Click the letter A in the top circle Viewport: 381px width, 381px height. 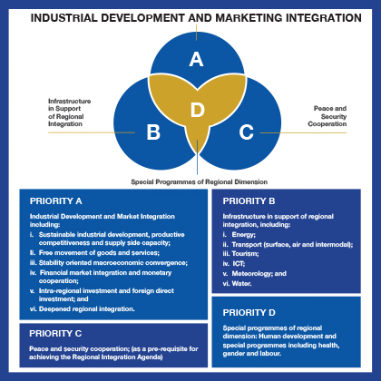[196, 59]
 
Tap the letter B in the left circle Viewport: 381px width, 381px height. [153, 132]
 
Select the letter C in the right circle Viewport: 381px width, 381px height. [247, 132]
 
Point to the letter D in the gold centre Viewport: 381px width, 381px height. [198, 110]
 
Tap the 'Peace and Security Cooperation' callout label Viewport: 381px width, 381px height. [327, 116]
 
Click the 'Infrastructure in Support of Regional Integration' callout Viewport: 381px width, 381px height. [70, 112]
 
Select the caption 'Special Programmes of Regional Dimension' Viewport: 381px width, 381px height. [200, 182]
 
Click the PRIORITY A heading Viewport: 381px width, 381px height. [56, 201]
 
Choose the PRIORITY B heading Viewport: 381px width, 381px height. [249, 201]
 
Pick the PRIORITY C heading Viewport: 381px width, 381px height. [55, 334]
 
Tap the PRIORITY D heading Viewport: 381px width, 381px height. [249, 313]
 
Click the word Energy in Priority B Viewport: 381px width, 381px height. [243, 235]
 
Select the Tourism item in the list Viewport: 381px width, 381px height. [245, 254]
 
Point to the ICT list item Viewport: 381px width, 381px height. [239, 264]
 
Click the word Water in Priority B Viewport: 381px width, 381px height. [241, 284]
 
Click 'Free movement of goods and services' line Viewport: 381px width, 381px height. [99, 253]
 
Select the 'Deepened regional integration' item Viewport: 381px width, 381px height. [87, 309]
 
